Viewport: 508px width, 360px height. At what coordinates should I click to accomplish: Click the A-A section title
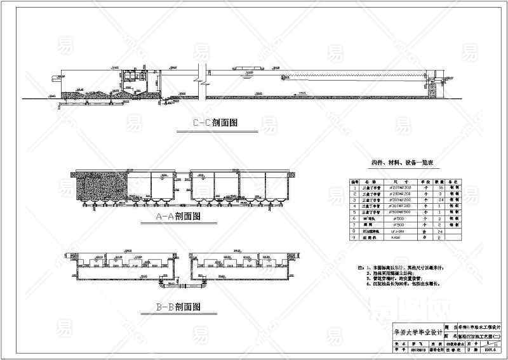point(178,216)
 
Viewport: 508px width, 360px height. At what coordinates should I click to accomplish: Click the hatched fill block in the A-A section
point(102,189)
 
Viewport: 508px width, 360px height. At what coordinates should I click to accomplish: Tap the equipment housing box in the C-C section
point(135,76)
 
